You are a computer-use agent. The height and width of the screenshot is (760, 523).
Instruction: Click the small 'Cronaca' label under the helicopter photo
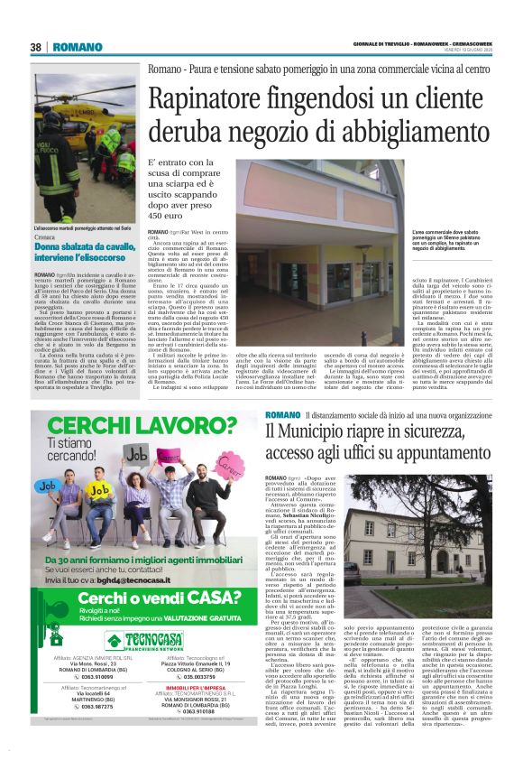(x=45, y=236)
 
